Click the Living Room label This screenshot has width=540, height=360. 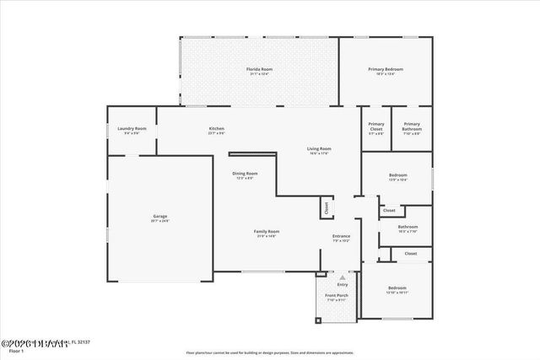pyautogui.click(x=319, y=149)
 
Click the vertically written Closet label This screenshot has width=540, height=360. pyautogui.click(x=325, y=206)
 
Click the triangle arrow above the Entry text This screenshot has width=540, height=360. pyautogui.click(x=342, y=277)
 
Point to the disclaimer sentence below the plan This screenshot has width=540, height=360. pyautogui.click(x=269, y=352)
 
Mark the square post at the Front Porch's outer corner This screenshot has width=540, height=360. pyautogui.click(x=319, y=321)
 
